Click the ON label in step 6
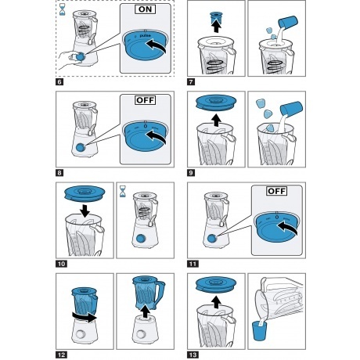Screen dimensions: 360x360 146,9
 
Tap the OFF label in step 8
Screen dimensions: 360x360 146,100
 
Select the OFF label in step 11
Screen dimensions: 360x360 277,191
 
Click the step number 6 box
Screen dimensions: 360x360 59,82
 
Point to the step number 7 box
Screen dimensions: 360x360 191,82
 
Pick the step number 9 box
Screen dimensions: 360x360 191,173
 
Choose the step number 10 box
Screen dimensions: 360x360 61,264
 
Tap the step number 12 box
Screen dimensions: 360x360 61,355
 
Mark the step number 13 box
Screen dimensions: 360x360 193,355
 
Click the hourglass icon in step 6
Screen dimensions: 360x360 63,9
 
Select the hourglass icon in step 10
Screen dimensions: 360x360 122,191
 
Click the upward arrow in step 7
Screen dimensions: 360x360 216,27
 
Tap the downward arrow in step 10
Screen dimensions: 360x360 85,211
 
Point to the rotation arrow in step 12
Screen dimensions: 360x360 85,317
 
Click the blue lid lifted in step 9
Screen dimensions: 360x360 216,103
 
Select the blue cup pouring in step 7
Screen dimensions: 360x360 288,22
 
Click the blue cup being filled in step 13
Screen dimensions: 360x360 260,330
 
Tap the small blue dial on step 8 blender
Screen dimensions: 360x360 81,147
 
